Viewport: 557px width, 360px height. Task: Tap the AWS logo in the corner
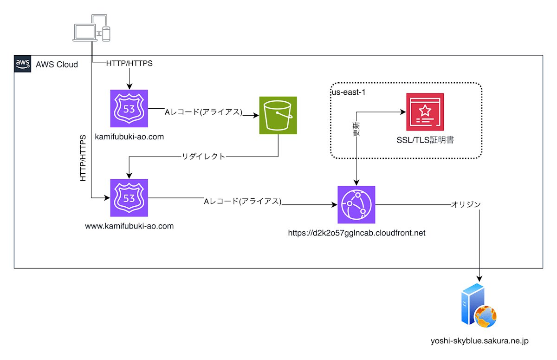[x=23, y=63]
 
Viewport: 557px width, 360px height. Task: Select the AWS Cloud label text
[x=57, y=65]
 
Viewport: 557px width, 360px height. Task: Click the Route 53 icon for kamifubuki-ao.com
[x=129, y=109]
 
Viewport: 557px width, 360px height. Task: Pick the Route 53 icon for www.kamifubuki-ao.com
[x=129, y=198]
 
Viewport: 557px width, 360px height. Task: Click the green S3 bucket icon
[x=278, y=116]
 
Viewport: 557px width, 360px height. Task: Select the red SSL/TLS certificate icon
[x=425, y=112]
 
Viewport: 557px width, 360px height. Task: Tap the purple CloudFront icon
[x=356, y=205]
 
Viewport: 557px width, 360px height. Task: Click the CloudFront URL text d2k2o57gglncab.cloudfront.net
[x=356, y=233]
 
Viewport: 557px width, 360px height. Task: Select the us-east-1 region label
[x=349, y=92]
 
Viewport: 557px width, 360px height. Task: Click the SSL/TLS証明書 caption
[x=425, y=139]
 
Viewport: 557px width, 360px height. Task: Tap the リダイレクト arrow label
[x=204, y=157]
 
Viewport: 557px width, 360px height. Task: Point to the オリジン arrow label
[x=466, y=204]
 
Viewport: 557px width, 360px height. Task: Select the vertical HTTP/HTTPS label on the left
[x=83, y=158]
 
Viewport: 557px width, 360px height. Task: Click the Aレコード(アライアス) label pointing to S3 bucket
[x=204, y=112]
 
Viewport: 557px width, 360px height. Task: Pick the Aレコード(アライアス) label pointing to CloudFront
[x=243, y=202]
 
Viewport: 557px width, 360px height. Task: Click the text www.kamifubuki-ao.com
[x=130, y=226]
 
